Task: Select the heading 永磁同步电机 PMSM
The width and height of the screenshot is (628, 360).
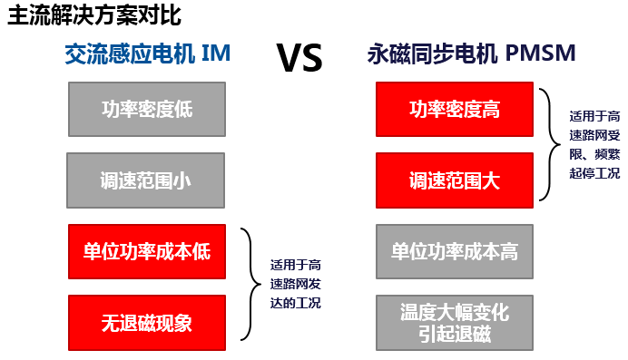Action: click(472, 54)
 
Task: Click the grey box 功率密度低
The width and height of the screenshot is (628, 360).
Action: click(146, 110)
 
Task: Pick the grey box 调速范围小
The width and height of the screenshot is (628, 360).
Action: click(146, 179)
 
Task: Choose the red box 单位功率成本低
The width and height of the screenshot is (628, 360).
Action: click(146, 251)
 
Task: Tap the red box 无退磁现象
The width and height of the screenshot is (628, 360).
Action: click(146, 321)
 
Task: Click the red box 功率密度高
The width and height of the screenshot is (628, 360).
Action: click(455, 110)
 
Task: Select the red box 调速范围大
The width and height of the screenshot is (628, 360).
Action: click(455, 180)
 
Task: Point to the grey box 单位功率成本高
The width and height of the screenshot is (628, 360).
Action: click(455, 250)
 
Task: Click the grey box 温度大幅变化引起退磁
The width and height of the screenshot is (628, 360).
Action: click(455, 322)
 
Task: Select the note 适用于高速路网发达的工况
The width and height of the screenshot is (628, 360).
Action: click(296, 284)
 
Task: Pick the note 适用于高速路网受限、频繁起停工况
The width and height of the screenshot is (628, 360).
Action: click(594, 144)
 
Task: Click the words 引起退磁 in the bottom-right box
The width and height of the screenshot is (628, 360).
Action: click(455, 333)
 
